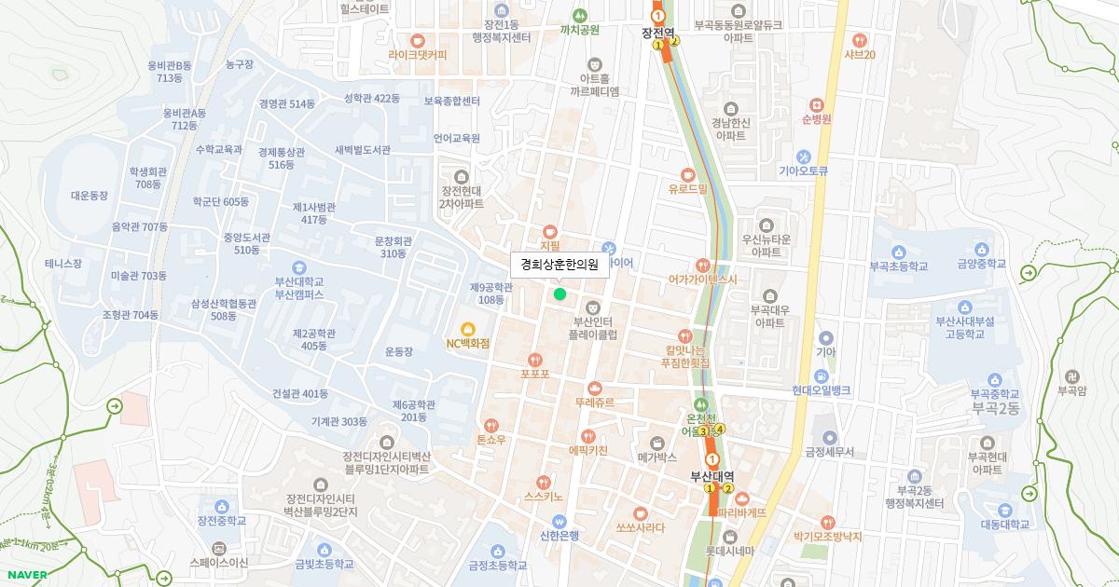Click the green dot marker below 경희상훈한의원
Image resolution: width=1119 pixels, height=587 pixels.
click(559, 294)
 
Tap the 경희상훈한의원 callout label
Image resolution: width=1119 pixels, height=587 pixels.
click(559, 265)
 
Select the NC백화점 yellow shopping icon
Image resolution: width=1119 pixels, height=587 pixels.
click(468, 328)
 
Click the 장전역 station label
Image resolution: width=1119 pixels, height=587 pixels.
click(658, 32)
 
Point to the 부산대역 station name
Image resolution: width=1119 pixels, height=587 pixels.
click(712, 476)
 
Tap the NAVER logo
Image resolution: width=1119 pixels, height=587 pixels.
click(26, 575)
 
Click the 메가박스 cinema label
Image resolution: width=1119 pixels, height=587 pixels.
click(657, 457)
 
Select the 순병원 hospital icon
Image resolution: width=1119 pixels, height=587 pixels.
click(817, 104)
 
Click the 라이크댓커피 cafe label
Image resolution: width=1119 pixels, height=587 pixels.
click(418, 55)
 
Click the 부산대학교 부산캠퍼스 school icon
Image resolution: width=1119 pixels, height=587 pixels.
click(298, 267)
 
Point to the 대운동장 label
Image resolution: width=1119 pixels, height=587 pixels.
click(90, 196)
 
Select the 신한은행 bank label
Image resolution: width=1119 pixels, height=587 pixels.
click(559, 535)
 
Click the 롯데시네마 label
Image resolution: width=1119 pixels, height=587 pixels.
click(729, 551)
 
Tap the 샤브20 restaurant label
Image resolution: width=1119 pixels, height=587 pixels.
click(859, 54)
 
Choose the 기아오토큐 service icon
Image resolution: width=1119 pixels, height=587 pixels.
click(803, 157)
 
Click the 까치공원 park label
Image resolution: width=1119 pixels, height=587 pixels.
click(579, 30)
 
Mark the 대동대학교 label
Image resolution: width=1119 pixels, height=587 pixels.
click(1005, 525)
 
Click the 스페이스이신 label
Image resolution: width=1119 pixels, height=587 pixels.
click(219, 563)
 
